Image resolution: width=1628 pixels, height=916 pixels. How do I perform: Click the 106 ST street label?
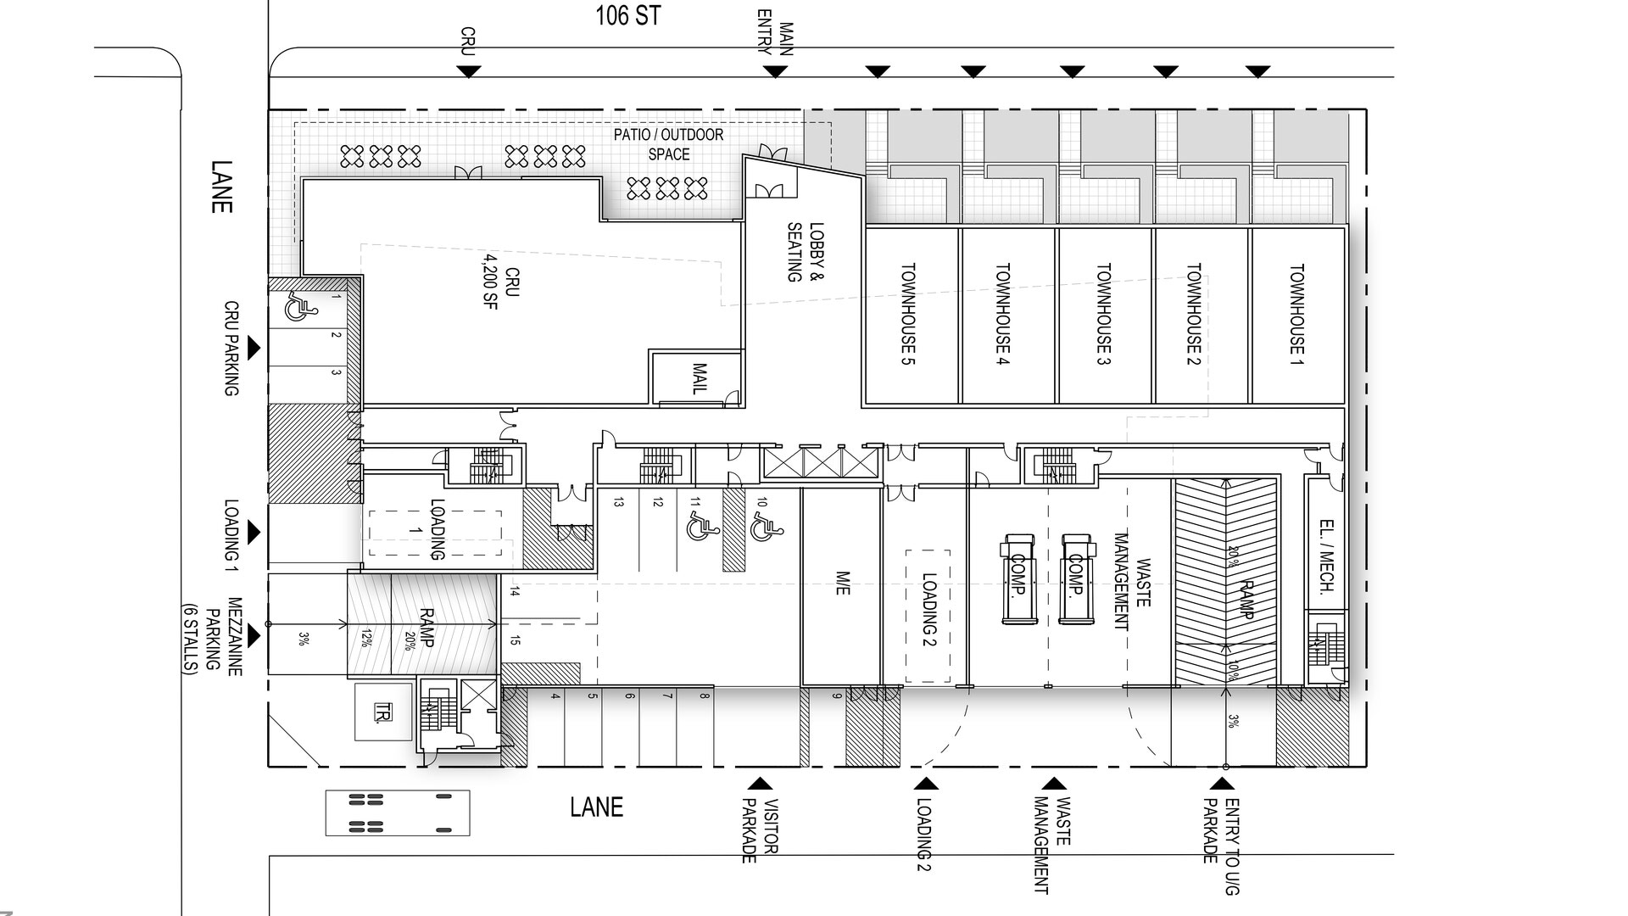pos(627,15)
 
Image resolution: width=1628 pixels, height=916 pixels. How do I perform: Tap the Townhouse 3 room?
pos(1105,316)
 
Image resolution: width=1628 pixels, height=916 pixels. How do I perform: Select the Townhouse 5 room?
pos(912,316)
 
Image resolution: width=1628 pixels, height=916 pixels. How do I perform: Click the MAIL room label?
pos(700,378)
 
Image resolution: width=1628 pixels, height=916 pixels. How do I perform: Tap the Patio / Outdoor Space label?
pos(669,144)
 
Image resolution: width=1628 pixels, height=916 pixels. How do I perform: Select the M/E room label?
pos(842,584)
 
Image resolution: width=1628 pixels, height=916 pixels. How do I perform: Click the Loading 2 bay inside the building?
pos(928,616)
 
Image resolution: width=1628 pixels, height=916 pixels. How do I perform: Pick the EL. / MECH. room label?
pos(1328,556)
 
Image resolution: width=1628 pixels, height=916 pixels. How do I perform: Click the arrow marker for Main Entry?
pos(775,72)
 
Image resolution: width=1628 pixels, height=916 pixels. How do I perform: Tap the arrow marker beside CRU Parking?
pos(254,348)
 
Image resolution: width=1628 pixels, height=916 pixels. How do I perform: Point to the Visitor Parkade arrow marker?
pos(761,784)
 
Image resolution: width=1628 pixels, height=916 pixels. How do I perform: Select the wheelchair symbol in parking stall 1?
pos(296,307)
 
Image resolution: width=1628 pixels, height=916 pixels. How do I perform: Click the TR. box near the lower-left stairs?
pos(383,712)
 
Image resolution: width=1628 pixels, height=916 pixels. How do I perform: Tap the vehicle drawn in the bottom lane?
pos(398,813)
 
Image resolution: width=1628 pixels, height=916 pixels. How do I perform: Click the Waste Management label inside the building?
pos(1132,581)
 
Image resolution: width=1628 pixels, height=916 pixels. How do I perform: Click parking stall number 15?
pos(515,640)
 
